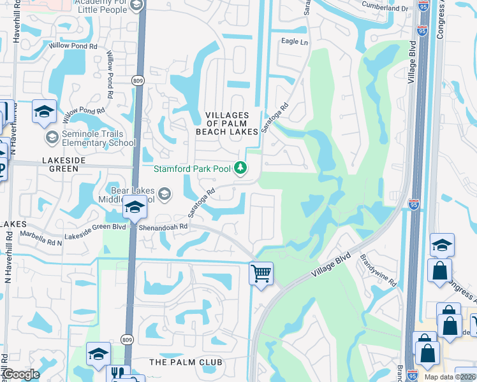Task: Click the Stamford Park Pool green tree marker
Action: click(x=240, y=168)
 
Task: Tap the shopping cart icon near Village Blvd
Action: click(x=261, y=274)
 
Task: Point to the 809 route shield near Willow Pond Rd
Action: click(x=138, y=81)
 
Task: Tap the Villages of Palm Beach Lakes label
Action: click(x=231, y=123)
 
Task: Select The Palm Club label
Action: click(x=186, y=362)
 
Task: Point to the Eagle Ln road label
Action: click(x=295, y=41)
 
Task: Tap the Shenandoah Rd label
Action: click(x=165, y=226)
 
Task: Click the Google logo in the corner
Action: click(x=21, y=374)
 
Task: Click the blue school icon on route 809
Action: click(x=135, y=208)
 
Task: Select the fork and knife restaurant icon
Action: click(x=117, y=374)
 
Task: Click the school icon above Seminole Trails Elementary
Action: click(x=44, y=111)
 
